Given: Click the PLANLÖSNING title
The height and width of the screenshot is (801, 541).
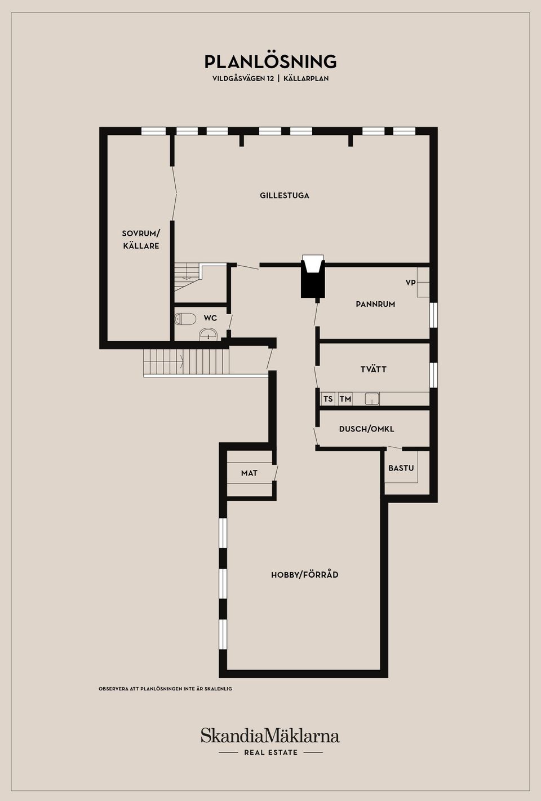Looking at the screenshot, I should pyautogui.click(x=270, y=61).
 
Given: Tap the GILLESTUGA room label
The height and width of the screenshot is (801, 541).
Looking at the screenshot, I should pyautogui.click(x=284, y=196).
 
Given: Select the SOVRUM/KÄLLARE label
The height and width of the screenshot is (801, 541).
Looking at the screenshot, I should pyautogui.click(x=141, y=239).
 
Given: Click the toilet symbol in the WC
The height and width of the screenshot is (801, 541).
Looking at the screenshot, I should pyautogui.click(x=185, y=319).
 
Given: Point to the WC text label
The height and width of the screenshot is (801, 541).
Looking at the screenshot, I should pyautogui.click(x=210, y=318).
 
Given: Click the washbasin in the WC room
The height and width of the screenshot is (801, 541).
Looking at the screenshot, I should pyautogui.click(x=209, y=334).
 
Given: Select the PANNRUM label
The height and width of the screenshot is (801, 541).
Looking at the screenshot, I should pyautogui.click(x=375, y=304).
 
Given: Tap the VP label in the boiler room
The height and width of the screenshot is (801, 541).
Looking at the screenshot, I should pyautogui.click(x=410, y=282).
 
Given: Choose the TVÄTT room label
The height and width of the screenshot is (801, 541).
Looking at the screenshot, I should pyautogui.click(x=373, y=369).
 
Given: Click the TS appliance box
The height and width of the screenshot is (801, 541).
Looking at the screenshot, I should pyautogui.click(x=328, y=399).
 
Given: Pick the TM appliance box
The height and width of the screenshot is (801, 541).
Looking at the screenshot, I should pyautogui.click(x=345, y=399).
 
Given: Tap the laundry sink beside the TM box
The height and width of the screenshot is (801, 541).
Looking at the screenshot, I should pyautogui.click(x=372, y=399).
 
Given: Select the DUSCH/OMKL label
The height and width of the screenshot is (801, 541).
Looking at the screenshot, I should pyautogui.click(x=366, y=429).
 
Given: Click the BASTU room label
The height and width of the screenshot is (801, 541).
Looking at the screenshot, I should pyautogui.click(x=401, y=468).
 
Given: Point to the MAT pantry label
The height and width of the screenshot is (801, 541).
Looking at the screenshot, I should pyautogui.click(x=249, y=473).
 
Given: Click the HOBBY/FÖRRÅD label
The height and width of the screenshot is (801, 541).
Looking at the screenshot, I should pyautogui.click(x=304, y=575).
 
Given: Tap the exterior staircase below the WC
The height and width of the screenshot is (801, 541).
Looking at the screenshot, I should pyautogui.click(x=186, y=362).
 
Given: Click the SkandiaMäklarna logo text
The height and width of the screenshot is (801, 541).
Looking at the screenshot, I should pyautogui.click(x=270, y=736).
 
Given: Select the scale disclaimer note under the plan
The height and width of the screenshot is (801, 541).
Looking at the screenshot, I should pyautogui.click(x=165, y=689).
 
